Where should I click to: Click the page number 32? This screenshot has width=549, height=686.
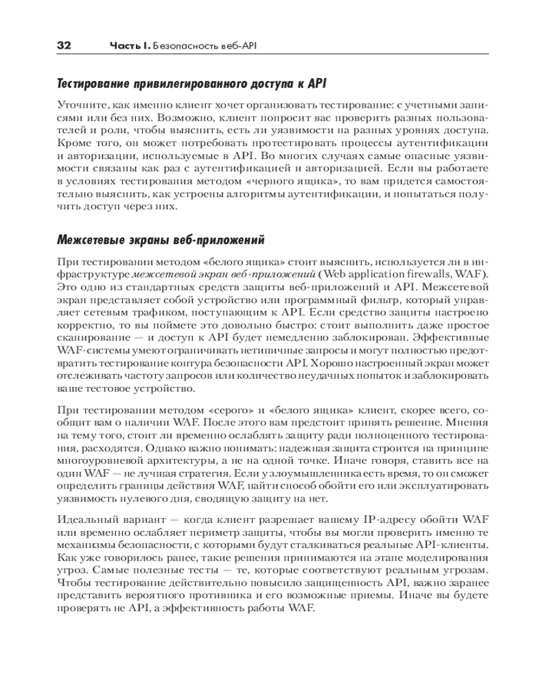pyautogui.click(x=64, y=45)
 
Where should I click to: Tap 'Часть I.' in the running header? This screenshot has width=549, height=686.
pyautogui.click(x=130, y=45)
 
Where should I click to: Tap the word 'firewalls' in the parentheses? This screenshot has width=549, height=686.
pyautogui.click(x=435, y=274)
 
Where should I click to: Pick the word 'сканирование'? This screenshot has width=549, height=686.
pyautogui.click(x=93, y=338)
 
